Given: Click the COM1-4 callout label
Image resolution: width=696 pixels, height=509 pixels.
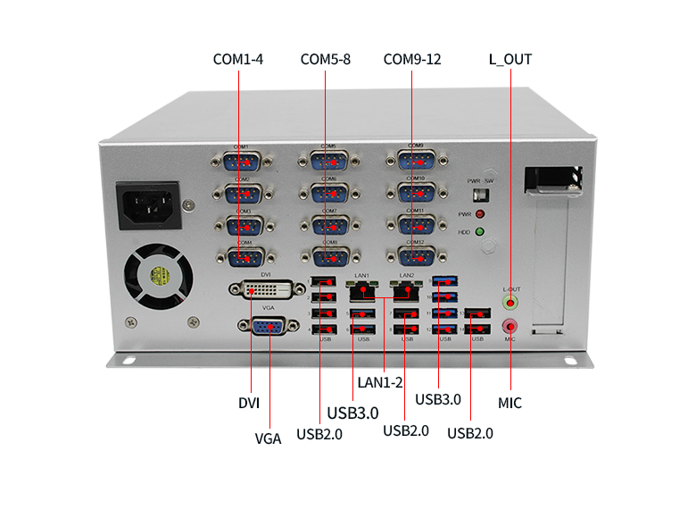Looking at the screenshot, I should click(237, 60).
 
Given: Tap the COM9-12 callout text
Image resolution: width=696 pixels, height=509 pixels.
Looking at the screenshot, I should click(411, 60).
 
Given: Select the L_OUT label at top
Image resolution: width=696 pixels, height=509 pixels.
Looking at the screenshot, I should click(510, 60).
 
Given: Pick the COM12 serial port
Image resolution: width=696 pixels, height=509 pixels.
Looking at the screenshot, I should click(415, 256).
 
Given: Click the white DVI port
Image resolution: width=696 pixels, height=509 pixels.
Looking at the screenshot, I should click(265, 290).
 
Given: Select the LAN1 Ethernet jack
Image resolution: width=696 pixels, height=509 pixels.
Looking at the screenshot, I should click(360, 290).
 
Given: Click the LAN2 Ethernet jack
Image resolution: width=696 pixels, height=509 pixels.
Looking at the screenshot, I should click(407, 290).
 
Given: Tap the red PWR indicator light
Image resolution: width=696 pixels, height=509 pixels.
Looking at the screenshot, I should click(480, 215).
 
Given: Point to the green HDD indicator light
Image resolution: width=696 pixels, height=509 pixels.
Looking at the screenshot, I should click(480, 233).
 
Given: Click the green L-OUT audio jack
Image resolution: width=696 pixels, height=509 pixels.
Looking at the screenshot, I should click(510, 304).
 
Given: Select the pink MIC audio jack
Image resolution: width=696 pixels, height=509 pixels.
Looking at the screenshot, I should click(510, 327).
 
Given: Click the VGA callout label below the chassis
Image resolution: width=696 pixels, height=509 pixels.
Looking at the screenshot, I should click(268, 438).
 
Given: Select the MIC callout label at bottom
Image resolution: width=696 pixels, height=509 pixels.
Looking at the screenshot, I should click(510, 403).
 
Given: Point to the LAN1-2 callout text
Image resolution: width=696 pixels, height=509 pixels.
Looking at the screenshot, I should click(380, 382).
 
